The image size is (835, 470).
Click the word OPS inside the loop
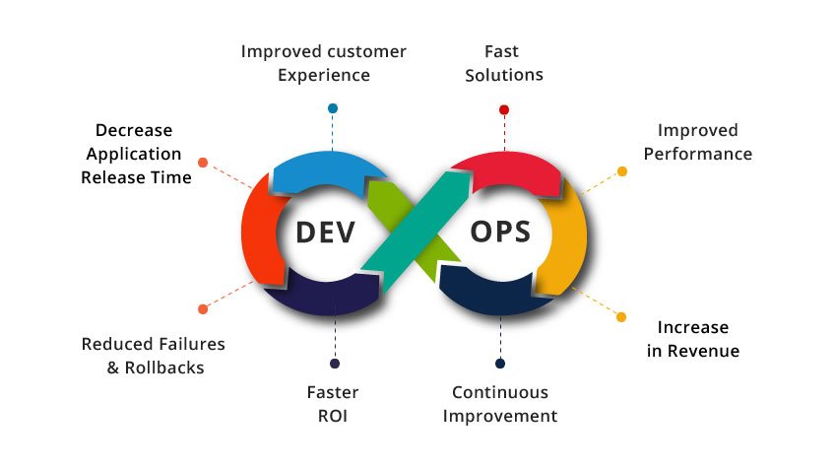[499, 233]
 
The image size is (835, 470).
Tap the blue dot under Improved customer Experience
[333, 108]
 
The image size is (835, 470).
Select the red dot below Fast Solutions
[504, 109]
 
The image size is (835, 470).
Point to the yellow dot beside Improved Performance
[621, 171]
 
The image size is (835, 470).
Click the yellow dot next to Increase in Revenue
[621, 317]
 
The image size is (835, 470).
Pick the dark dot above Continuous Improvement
[500, 364]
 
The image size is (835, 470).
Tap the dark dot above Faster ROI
[335, 364]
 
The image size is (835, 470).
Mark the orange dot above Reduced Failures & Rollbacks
[203, 308]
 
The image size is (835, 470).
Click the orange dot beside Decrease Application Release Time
[203, 162]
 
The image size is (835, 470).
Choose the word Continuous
[500, 391]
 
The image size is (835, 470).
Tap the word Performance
[705, 154]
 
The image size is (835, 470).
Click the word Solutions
[504, 75]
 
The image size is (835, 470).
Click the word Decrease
[133, 130]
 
